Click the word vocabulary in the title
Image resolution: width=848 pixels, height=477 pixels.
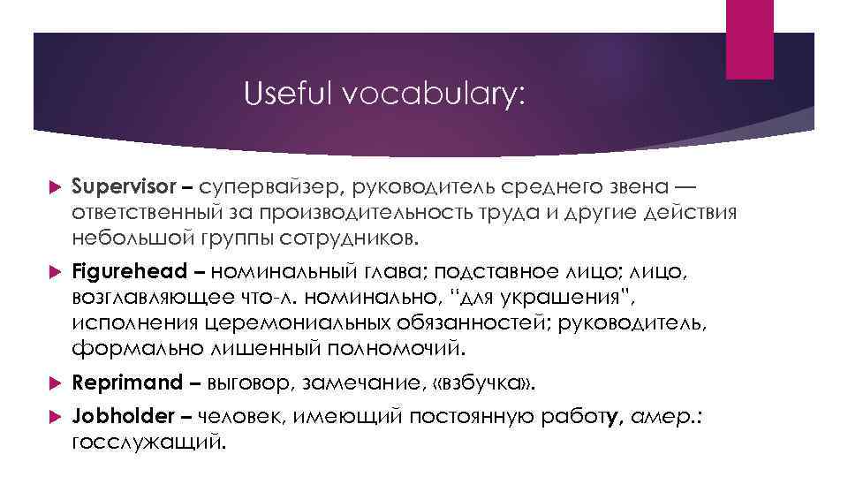click(430, 93)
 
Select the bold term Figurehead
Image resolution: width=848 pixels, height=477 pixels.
click(129, 270)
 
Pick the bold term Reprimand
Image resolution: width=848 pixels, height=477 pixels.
click(125, 384)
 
